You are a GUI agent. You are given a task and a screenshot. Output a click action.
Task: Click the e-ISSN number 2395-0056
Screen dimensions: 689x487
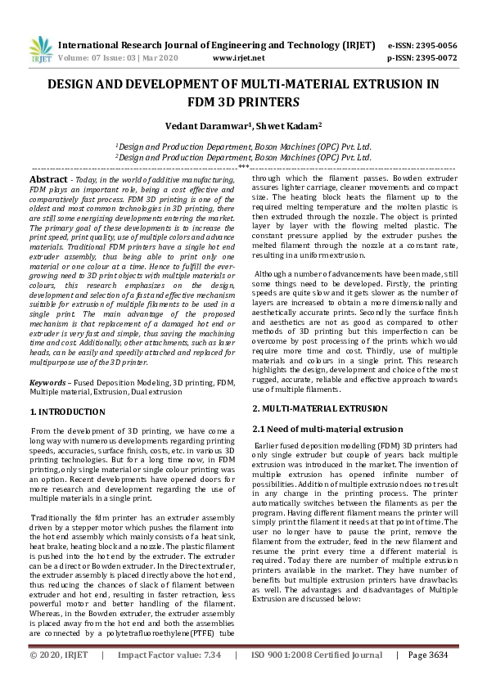433,45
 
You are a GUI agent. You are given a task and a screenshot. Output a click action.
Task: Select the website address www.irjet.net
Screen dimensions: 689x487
238,58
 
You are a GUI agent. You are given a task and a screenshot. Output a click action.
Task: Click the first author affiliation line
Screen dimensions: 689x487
243,146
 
